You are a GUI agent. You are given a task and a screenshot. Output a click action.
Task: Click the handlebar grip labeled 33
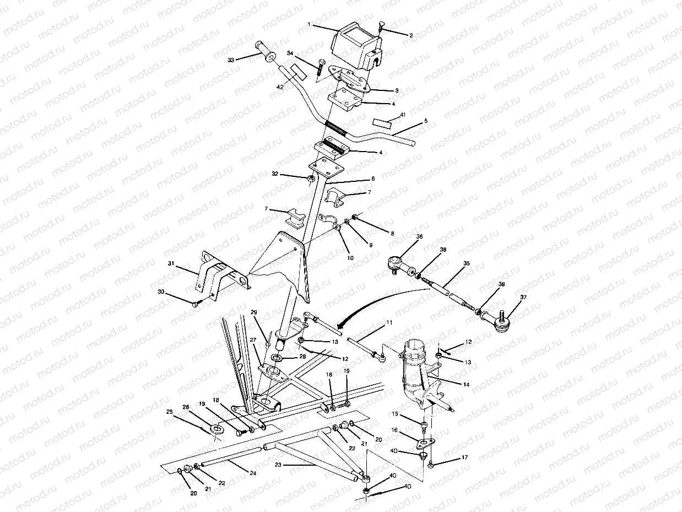point(266,52)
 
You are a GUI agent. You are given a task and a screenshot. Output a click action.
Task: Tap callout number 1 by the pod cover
point(310,25)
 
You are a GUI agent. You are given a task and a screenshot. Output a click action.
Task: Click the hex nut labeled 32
point(311,179)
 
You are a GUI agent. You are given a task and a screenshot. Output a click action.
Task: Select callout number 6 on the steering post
point(372,179)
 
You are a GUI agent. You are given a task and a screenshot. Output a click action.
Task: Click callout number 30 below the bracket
point(161,292)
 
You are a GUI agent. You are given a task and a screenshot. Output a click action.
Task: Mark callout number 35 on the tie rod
point(466,263)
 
